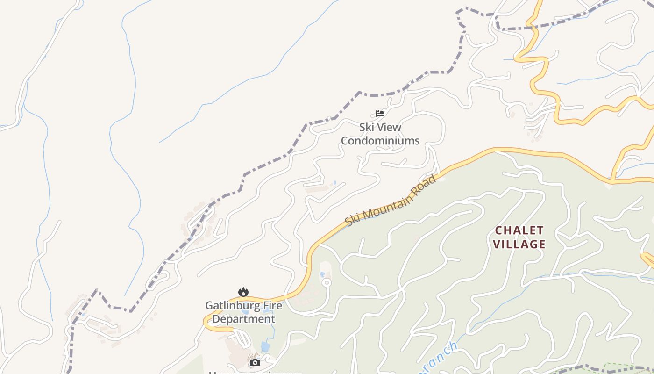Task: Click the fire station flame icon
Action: [243, 292]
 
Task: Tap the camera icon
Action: [255, 362]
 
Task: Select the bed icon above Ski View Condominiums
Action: [380, 113]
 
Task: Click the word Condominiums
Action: [380, 141]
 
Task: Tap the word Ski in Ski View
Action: [367, 127]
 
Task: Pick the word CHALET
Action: [519, 230]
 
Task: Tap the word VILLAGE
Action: [519, 244]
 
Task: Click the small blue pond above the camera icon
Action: [265, 347]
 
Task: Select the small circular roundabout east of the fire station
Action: [327, 282]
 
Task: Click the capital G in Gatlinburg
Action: [209, 306]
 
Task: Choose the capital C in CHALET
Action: [498, 230]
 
